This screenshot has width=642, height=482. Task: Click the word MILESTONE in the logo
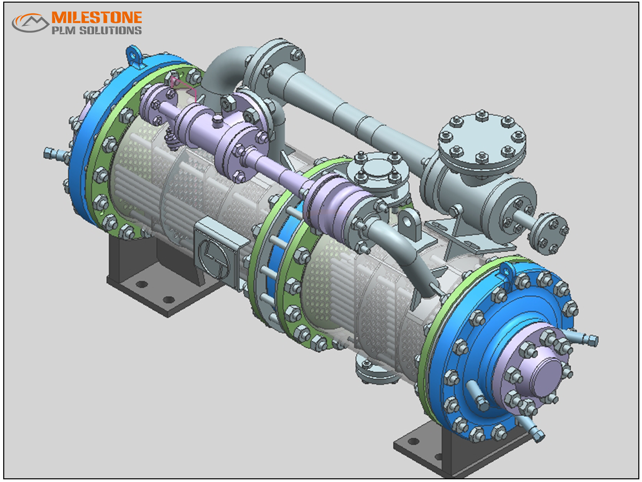[97, 18]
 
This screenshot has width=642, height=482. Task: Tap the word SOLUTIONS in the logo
[111, 31]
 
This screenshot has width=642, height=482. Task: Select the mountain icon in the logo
[30, 22]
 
